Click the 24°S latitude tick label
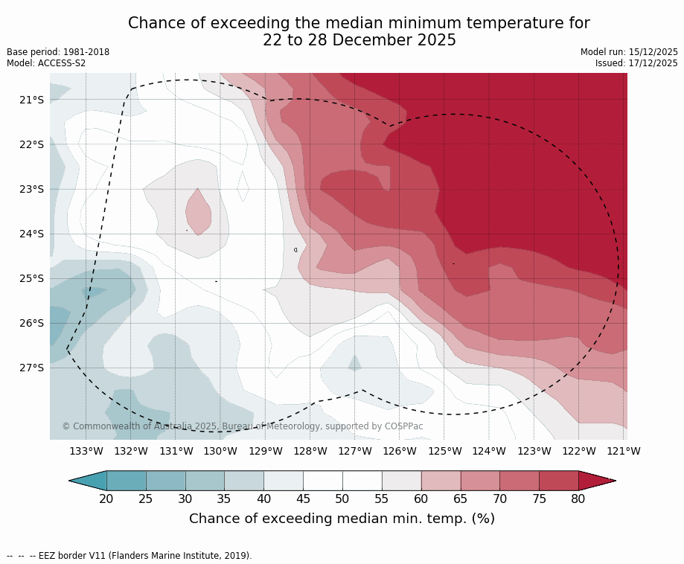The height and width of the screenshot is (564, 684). click(x=31, y=234)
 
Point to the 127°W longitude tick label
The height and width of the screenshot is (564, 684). click(x=355, y=451)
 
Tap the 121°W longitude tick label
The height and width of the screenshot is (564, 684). click(x=624, y=451)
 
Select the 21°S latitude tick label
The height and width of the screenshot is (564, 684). click(x=31, y=100)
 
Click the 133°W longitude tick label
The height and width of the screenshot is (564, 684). click(x=86, y=451)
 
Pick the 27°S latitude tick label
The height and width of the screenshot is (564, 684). click(x=31, y=368)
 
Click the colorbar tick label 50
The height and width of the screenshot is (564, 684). click(x=342, y=499)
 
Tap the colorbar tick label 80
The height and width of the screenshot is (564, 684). click(x=578, y=499)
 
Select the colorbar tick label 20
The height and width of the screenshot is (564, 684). click(x=106, y=499)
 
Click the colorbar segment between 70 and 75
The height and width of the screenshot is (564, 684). click(x=520, y=481)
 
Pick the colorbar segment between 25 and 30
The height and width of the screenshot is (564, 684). click(x=166, y=481)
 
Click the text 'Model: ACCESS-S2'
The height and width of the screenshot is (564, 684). click(x=46, y=63)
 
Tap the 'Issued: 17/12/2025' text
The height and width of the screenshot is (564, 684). click(x=636, y=63)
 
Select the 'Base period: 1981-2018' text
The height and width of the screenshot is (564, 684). click(x=58, y=52)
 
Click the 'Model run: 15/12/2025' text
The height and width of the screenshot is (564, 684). click(x=629, y=52)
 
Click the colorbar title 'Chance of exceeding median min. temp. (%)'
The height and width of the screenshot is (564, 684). click(x=342, y=519)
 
